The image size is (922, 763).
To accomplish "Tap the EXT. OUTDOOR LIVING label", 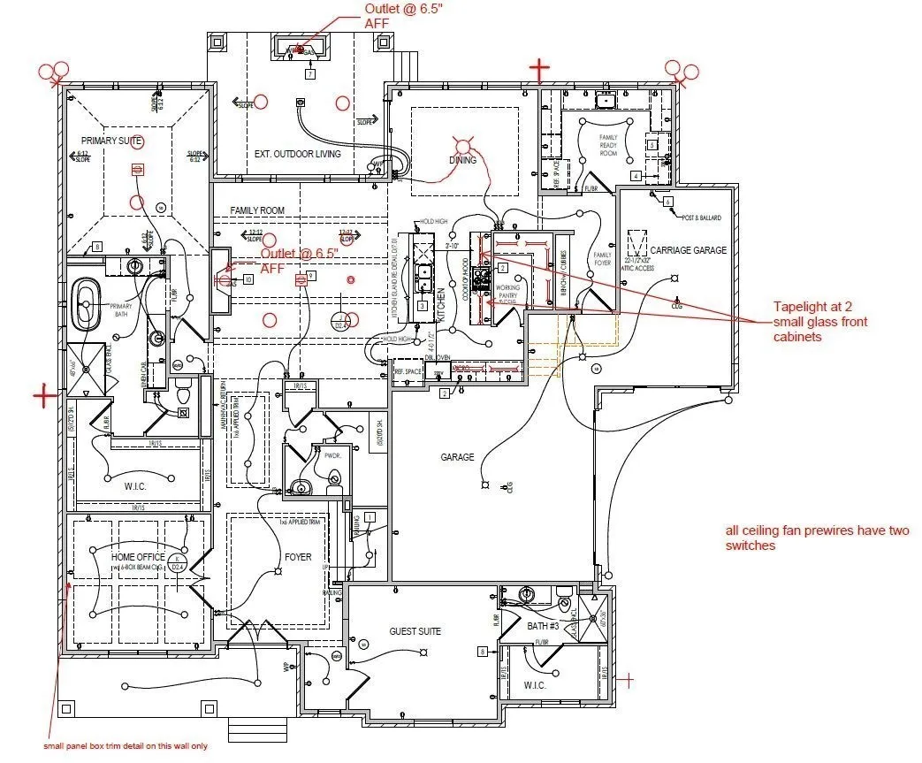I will click(297, 154).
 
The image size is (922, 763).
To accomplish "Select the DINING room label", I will click(462, 160).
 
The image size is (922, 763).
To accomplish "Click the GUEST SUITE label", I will click(415, 631).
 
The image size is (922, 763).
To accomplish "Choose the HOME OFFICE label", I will click(138, 557).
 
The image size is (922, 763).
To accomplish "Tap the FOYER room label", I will click(297, 557).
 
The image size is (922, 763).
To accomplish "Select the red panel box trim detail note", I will click(126, 746).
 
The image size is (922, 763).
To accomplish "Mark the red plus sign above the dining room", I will click(539, 67).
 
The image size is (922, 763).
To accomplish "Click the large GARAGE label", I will click(458, 457).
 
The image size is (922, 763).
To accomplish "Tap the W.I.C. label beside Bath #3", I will click(535, 686).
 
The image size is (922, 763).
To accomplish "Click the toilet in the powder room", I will click(334, 481).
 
